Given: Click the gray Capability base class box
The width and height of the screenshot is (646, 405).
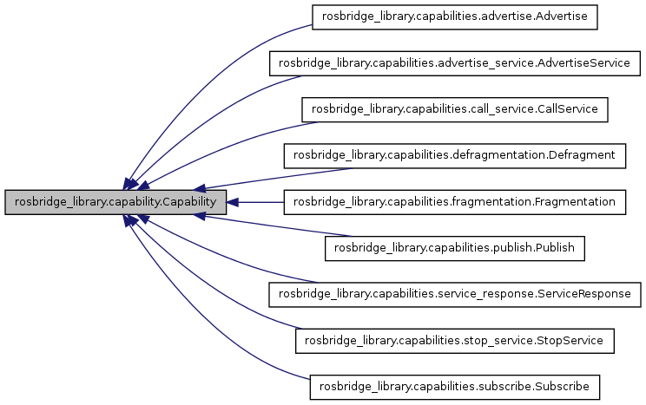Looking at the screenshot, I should coord(116,202).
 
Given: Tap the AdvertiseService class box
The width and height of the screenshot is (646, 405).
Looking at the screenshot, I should coord(456,63).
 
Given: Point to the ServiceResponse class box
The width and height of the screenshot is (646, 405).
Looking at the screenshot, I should coord(456,294).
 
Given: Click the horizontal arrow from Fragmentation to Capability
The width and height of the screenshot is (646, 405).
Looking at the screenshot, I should coord(260,202).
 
